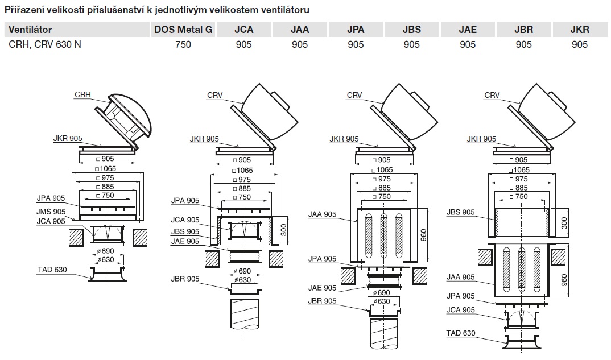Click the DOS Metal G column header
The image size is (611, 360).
pos(183,30)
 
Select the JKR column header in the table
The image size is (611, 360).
pos(580,30)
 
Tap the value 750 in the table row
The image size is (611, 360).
pos(183,44)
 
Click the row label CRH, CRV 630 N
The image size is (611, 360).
pos(45,44)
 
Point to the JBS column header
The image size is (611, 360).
pos(412,30)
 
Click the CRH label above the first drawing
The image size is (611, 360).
pos(83,94)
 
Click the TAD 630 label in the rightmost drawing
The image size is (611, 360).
pos(461,333)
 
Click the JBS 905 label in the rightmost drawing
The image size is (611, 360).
pos(461,212)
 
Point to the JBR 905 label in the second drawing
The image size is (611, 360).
pos(185,279)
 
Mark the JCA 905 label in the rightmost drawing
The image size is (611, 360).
pos(461,310)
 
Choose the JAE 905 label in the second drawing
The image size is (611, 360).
pos(185,241)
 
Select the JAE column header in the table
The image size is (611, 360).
pos(468,30)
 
